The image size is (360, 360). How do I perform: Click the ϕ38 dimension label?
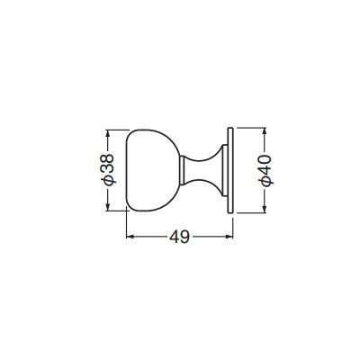coord(107,169)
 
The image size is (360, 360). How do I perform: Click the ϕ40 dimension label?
coord(265,171)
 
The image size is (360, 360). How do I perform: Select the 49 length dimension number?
coord(180,238)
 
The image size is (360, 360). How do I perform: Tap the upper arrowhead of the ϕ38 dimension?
coord(108,134)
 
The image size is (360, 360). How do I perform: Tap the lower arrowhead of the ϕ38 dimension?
coord(108,206)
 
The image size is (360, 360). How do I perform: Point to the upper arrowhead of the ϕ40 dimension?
coord(264,132)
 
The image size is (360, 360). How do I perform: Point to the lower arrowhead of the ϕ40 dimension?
coord(264,209)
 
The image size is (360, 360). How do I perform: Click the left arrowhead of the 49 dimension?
coord(130,237)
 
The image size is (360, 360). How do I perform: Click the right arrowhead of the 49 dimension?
coord(229,237)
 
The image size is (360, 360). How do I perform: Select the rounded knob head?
coord(152,170)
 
